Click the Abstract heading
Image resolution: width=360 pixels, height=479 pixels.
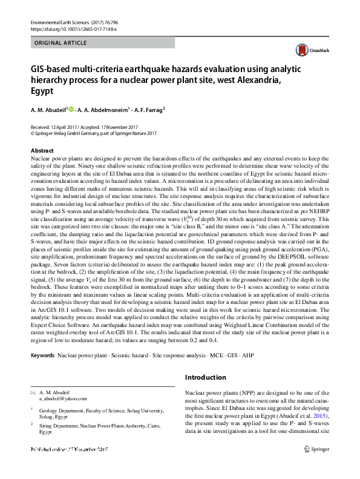pyautogui.click(x=42, y=150)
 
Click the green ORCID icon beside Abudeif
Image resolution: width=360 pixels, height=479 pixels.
pyautogui.click(x=71, y=110)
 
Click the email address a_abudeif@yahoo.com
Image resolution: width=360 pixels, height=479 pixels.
pyautogui.click(x=63, y=398)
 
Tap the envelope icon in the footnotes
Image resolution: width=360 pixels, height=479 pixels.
pyautogui.click(x=33, y=392)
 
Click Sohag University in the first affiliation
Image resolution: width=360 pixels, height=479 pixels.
pyautogui.click(x=126, y=410)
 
